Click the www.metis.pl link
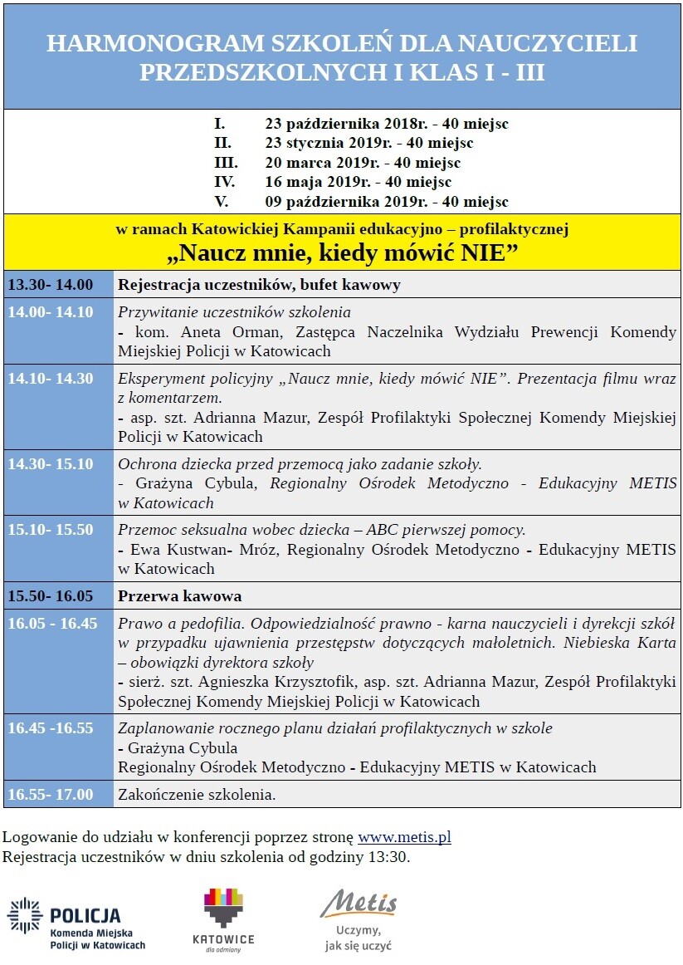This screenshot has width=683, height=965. pos(404,837)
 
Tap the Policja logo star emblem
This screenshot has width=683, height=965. pos(25,915)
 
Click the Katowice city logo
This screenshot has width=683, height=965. pos(223,918)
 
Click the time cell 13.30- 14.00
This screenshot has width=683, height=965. pos(51,285)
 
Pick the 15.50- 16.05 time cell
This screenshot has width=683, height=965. pos(51,596)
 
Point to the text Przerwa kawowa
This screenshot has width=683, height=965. pos(179,596)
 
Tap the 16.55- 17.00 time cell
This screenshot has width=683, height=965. pos(51,795)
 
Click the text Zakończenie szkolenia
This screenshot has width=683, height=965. pos(197,795)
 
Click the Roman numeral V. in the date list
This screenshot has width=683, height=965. pos(222,202)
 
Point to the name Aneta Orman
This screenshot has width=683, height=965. pos(212,333)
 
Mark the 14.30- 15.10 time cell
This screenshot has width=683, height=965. pos(51,464)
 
